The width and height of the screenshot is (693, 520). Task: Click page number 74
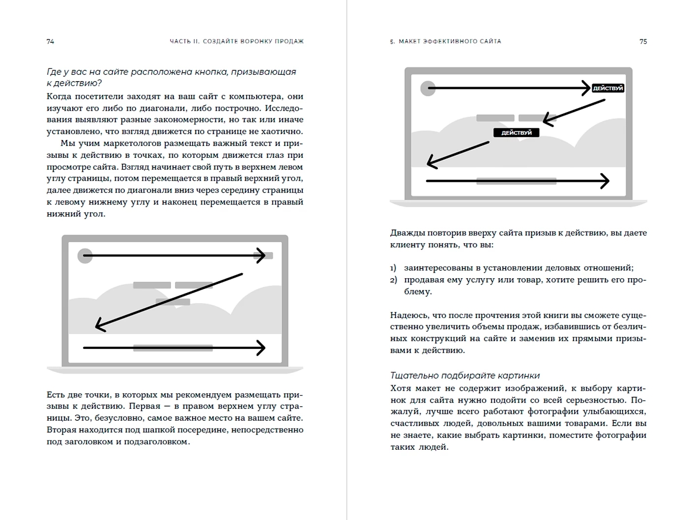(x=50, y=41)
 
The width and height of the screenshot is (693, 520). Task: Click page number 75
(x=643, y=41)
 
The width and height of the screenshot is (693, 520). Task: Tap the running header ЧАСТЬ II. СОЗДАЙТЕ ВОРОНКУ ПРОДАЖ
(x=236, y=41)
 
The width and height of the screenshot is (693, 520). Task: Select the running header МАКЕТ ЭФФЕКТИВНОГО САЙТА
(x=449, y=41)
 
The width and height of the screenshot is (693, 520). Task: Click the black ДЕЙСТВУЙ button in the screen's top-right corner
(x=607, y=88)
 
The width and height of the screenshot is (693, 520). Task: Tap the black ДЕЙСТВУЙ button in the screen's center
(x=516, y=133)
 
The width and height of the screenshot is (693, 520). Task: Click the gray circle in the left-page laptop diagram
(x=85, y=256)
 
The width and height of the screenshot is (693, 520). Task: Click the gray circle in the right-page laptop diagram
(x=428, y=88)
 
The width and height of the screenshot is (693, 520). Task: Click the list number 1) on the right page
(x=393, y=268)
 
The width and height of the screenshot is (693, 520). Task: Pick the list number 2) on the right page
(x=393, y=280)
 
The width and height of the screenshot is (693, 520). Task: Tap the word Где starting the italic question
(x=55, y=72)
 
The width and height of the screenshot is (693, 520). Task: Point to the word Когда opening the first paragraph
(x=59, y=96)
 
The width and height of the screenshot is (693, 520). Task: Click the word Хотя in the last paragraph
(x=401, y=388)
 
